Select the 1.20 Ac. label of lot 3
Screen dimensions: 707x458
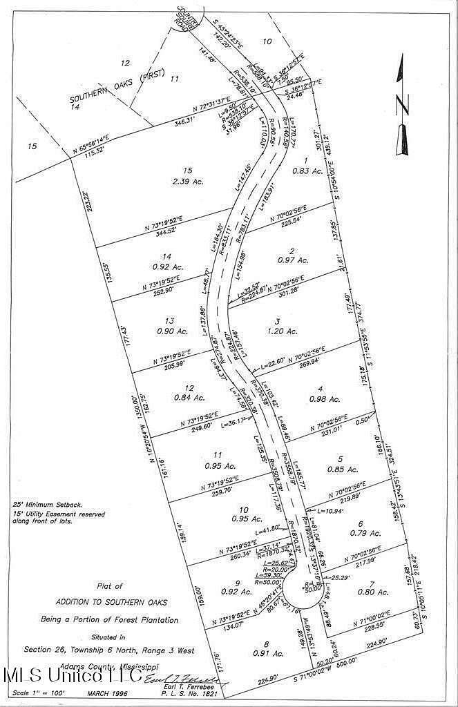click(x=283, y=331)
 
